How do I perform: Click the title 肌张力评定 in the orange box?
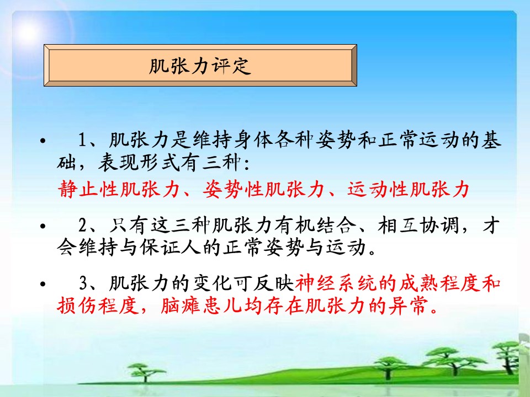click(x=200, y=66)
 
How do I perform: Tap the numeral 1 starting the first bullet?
click(x=83, y=140)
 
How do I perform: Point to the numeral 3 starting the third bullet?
click(x=83, y=283)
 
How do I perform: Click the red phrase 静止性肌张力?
click(x=119, y=189)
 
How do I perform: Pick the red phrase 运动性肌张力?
click(x=409, y=189)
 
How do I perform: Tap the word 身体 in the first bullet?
click(x=253, y=140)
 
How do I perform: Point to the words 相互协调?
click(x=418, y=225)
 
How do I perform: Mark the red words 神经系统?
click(x=336, y=283)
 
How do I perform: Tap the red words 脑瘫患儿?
click(x=201, y=306)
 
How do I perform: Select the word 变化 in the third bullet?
click(x=212, y=283)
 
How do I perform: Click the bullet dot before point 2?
click(x=43, y=226)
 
